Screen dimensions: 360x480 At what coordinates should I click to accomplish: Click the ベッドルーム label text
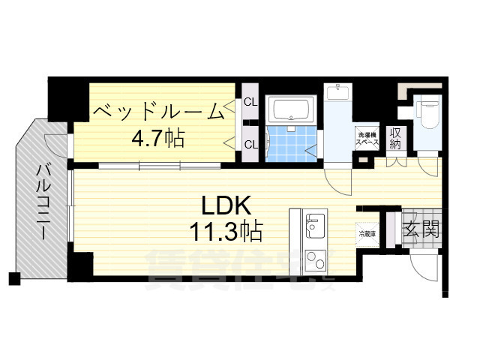coord(159,112)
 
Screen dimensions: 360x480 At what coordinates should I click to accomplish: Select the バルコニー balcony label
coord(43,202)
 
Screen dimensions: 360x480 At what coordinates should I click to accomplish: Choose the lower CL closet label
coord(250,145)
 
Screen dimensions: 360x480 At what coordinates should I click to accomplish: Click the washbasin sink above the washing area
coord(338,94)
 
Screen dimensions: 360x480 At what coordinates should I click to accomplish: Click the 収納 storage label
coord(394,138)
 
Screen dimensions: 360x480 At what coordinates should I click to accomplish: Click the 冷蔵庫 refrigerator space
coord(367,234)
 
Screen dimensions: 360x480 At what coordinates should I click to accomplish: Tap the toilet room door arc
coord(428,165)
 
